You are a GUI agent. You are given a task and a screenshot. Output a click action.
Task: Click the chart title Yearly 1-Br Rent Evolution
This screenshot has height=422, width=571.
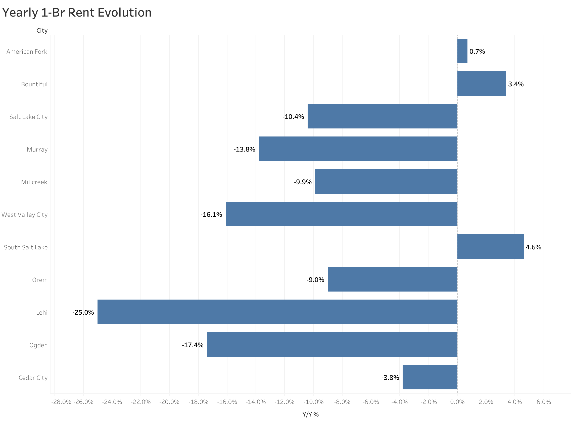pos(77,13)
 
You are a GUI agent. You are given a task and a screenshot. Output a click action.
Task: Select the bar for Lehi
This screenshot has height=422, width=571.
pos(277,312)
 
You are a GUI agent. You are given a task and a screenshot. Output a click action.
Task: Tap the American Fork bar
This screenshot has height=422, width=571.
pos(462,51)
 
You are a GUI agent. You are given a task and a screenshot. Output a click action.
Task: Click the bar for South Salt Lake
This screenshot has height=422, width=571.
pos(490,247)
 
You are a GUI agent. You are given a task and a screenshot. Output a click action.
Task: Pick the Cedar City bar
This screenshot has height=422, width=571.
pos(430,377)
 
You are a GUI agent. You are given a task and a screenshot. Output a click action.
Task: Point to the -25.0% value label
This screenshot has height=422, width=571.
pos(83,312)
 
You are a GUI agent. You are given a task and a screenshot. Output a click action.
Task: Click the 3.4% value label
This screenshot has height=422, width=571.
pos(515,84)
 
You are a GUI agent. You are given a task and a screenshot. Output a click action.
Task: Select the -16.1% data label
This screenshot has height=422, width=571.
pos(211,215)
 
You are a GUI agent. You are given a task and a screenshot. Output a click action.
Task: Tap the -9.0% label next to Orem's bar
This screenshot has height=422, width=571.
pos(315,280)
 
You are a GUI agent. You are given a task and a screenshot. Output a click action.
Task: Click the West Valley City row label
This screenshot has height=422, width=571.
pos(25,215)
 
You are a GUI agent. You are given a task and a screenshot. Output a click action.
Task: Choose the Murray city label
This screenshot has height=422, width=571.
pos(37,150)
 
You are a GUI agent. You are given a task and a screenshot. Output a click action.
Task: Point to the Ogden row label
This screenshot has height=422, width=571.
pos(38,345)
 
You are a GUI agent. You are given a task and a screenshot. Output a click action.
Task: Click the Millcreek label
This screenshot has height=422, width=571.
pos(34,182)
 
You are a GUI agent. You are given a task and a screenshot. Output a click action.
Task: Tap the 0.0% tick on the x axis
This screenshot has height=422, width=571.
pos(457,402)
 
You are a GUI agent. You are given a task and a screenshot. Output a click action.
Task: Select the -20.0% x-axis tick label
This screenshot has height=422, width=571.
pos(169,402)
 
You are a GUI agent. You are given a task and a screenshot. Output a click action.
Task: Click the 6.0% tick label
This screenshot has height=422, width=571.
pos(543,402)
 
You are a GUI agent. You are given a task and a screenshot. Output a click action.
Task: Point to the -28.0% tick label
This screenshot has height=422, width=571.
pos(61,402)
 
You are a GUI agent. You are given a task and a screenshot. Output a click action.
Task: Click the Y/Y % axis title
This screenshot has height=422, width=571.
pos(310,414)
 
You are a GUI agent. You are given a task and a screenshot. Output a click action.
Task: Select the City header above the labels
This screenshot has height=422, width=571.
pos(42,31)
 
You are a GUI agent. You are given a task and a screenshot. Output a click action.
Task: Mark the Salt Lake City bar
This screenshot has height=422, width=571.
pos(382,116)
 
